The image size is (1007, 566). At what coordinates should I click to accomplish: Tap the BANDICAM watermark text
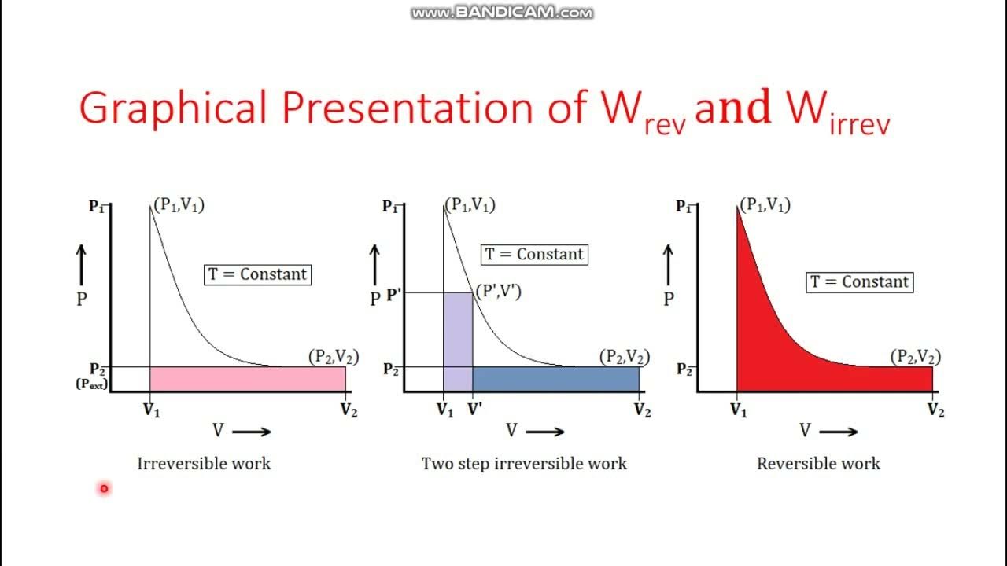502,13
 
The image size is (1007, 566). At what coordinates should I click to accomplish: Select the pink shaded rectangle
247,379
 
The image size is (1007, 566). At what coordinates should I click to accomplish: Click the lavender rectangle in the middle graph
458,341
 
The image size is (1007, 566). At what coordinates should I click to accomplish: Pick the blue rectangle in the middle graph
555,379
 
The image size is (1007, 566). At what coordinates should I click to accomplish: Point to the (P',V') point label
498,292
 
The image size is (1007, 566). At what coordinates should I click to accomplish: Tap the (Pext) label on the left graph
92,384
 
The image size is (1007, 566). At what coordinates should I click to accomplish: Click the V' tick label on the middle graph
475,410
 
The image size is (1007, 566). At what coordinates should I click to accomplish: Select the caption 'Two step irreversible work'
524,464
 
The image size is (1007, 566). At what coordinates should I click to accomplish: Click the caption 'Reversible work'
818,464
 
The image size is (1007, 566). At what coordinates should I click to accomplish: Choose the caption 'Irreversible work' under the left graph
204,464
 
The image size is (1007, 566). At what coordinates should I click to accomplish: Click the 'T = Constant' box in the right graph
859,282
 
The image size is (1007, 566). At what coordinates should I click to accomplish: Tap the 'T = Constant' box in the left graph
257,274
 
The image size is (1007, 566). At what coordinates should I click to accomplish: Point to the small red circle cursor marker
103,488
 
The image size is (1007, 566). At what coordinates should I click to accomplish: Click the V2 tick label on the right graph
935,410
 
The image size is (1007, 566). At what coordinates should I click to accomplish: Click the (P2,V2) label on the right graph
915,356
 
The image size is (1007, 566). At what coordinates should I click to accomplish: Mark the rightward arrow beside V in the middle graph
545,431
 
